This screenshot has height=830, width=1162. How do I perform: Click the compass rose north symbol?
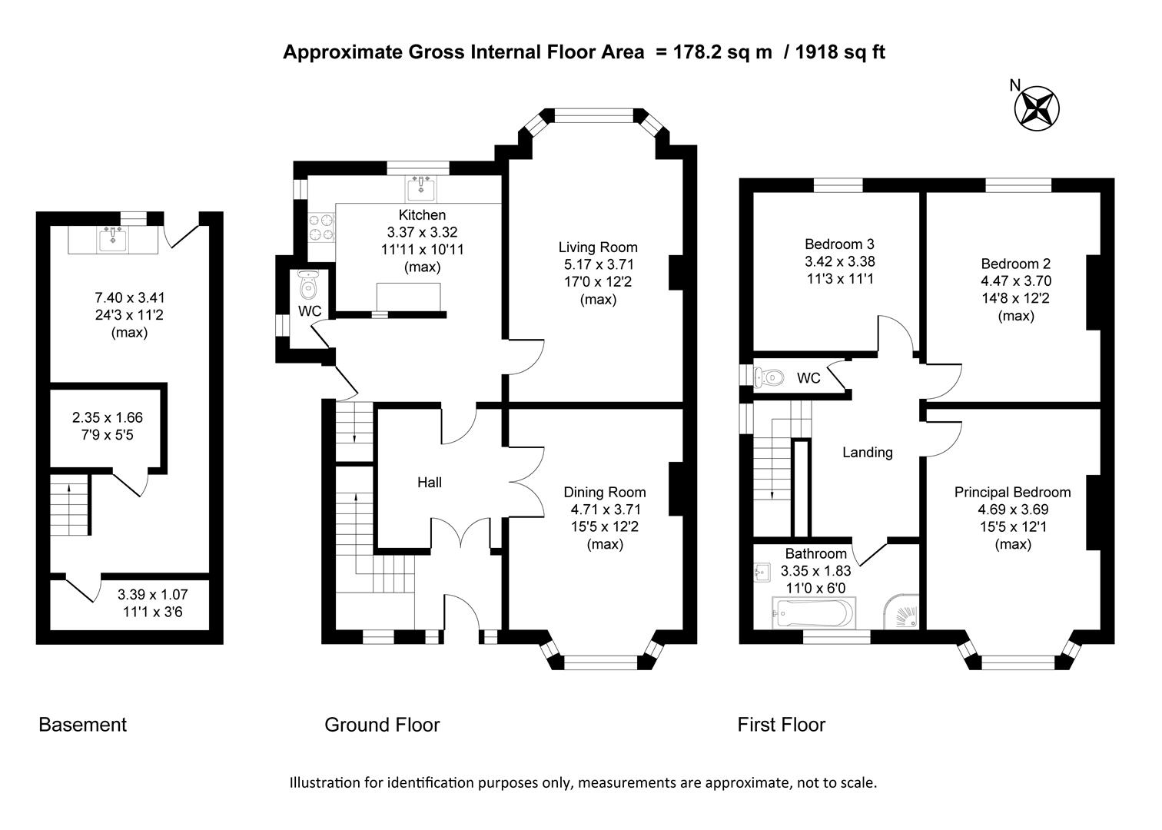coord(1037,107)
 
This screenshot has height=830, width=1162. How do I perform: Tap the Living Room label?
coord(598,247)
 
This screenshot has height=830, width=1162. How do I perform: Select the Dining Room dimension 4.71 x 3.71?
coord(605,510)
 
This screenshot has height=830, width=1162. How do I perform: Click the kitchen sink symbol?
coord(421,188)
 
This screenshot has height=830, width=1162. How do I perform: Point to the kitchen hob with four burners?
coord(321,227)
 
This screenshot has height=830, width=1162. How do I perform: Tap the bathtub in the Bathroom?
coord(812,613)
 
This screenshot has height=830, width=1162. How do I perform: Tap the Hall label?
coord(430,483)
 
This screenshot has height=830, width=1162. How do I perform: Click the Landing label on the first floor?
coord(868,453)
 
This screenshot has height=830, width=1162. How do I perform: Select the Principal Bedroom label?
coord(1012,493)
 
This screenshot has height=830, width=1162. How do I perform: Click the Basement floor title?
coord(82,725)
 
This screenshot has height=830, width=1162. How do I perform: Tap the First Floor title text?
coord(781,725)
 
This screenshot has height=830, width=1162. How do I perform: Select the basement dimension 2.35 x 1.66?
coord(108,418)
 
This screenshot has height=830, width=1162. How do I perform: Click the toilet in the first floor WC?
coord(769,378)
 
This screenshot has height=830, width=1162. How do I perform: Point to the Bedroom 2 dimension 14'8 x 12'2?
coord(1015,299)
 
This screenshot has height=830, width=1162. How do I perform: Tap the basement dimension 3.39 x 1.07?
coord(152,595)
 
